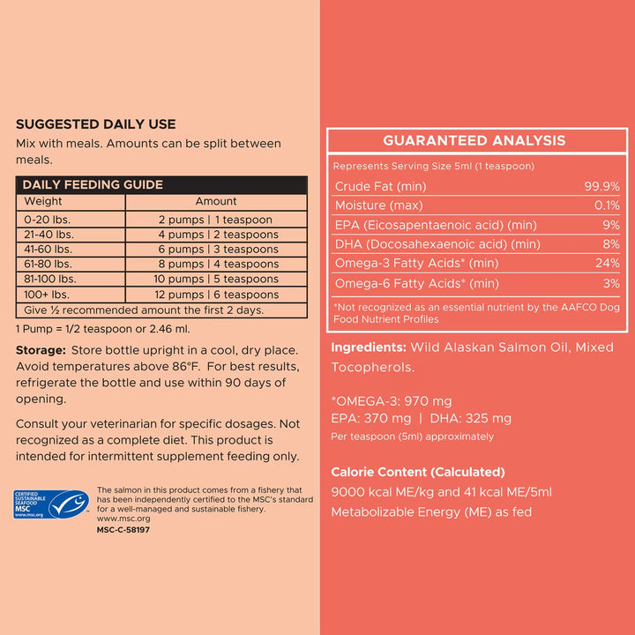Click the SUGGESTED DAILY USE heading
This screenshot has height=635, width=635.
click(95, 124)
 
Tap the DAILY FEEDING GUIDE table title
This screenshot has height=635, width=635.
click(93, 184)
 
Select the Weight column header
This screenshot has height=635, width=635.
click(43, 201)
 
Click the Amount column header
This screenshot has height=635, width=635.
click(216, 201)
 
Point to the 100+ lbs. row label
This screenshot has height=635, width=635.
click(47, 295)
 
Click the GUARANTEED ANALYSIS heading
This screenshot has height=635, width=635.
click(474, 141)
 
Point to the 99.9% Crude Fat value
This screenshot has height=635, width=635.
click(602, 186)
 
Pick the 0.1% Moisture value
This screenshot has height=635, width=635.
click(606, 205)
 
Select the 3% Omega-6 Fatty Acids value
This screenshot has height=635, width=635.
click(611, 283)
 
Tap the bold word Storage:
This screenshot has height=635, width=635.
click(42, 350)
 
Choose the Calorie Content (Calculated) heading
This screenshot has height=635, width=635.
click(418, 472)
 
